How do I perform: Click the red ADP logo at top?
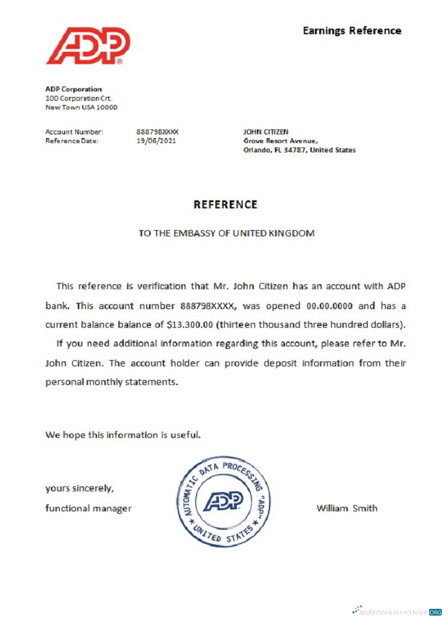[88, 45]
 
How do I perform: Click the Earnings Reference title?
[352, 30]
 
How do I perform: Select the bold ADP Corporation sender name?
[73, 89]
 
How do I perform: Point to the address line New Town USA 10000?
[81, 107]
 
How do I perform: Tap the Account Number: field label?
[74, 132]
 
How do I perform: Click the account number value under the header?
[157, 132]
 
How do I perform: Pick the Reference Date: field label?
[72, 141]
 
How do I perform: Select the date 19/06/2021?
[156, 141]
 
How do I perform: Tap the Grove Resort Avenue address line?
[281, 141]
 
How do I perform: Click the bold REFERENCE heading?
[225, 204]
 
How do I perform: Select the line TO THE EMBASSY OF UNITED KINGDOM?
[226, 233]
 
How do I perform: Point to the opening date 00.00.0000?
[332, 305]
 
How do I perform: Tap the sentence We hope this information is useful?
[123, 435]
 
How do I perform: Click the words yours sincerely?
[79, 487]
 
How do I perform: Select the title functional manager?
[88, 508]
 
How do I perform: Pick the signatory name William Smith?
[347, 508]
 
